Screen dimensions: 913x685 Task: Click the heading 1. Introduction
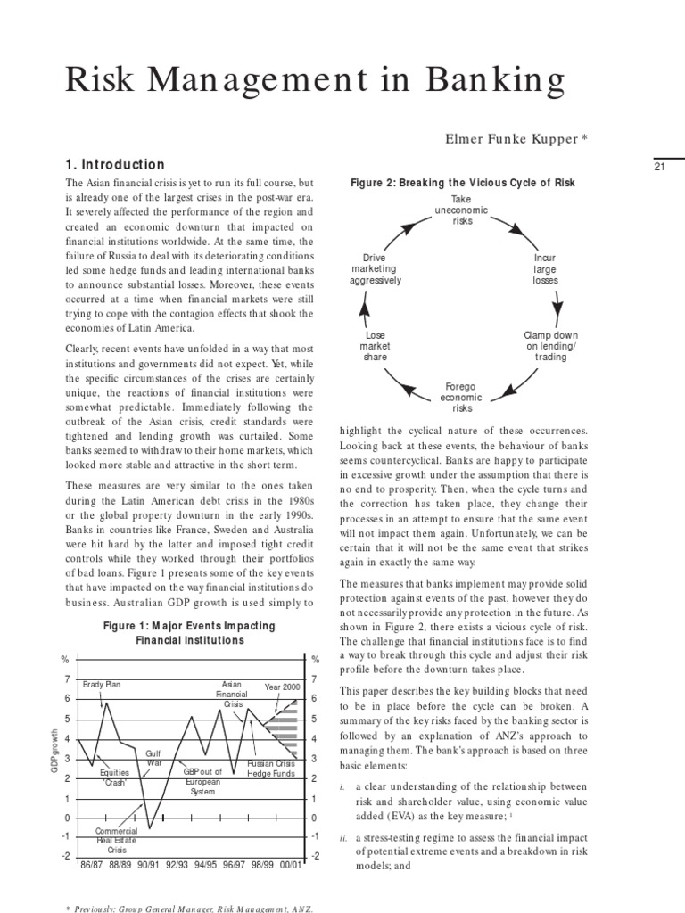click(x=116, y=165)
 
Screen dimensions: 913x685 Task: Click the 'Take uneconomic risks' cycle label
click(x=461, y=210)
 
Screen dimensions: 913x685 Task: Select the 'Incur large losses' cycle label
click(x=545, y=268)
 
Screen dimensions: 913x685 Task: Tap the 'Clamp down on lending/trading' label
click(x=550, y=346)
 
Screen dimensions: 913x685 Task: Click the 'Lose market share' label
click(x=375, y=346)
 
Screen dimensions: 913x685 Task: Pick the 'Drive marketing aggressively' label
click(x=376, y=268)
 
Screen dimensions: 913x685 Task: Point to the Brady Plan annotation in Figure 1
click(x=101, y=685)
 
